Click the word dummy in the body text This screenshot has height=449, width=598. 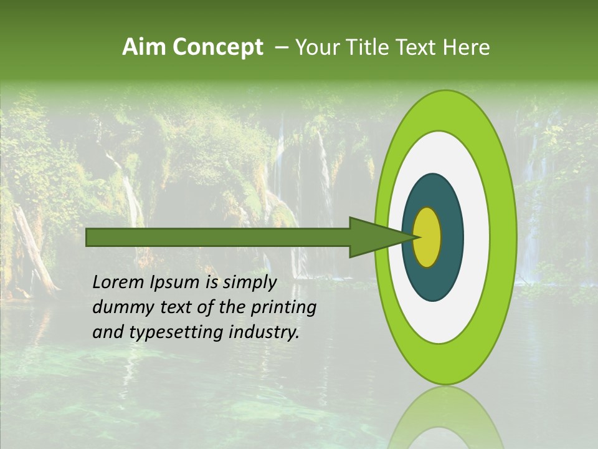(x=121, y=307)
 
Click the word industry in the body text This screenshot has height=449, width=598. (x=265, y=332)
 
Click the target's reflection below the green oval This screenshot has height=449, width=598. (x=445, y=418)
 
